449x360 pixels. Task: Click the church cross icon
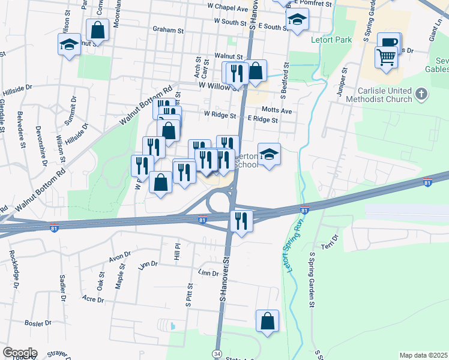pyautogui.click(x=422, y=94)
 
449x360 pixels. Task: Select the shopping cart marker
pyautogui.click(x=386, y=58)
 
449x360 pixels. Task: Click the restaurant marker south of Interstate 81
pyautogui.click(x=241, y=221)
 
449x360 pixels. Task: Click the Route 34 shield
pyautogui.click(x=217, y=354)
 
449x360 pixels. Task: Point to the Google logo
pyautogui.click(x=20, y=353)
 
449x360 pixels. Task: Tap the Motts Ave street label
pyautogui.click(x=277, y=110)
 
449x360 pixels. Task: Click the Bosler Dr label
pyautogui.click(x=38, y=323)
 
